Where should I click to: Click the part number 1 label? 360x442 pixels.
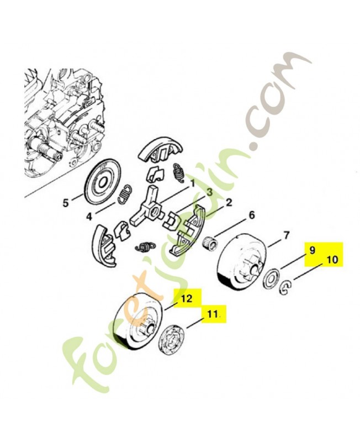193,183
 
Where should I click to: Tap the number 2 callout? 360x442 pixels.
229,202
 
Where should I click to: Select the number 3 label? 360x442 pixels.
210,193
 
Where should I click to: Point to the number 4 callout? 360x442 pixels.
89,217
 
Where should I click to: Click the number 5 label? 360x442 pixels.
66,203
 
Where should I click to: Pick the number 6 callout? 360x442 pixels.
252,215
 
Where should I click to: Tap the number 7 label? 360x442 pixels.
286,235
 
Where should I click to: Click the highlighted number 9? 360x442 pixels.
312,250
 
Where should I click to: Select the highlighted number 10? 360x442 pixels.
332,259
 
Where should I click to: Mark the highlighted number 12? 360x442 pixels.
187,298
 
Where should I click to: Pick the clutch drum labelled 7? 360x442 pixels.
241,264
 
